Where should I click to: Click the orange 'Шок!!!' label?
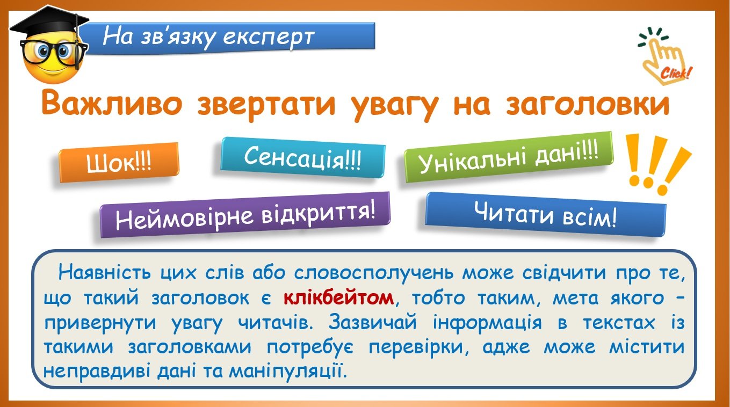pyautogui.click(x=119, y=162)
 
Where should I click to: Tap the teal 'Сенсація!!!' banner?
pyautogui.click(x=303, y=158)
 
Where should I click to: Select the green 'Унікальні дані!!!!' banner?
pyautogui.click(x=509, y=157)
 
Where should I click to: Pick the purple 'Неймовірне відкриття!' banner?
pyautogui.click(x=245, y=214)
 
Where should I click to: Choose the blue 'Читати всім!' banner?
pyautogui.click(x=546, y=214)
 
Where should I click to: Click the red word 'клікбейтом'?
pyautogui.click(x=338, y=297)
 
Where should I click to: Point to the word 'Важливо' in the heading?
pyautogui.click(x=112, y=103)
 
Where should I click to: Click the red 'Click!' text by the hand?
pyautogui.click(x=675, y=73)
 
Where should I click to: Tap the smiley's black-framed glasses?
pyautogui.click(x=54, y=52)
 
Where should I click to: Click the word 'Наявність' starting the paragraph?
pyautogui.click(x=105, y=272)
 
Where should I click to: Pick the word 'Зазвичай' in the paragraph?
pyautogui.click(x=372, y=322)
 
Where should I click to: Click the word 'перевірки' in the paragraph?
pyautogui.click(x=416, y=347)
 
